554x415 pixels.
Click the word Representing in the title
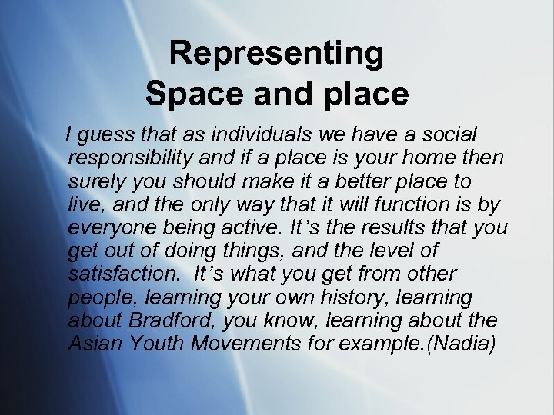[x=276, y=54]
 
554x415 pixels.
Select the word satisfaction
[x=120, y=274]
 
